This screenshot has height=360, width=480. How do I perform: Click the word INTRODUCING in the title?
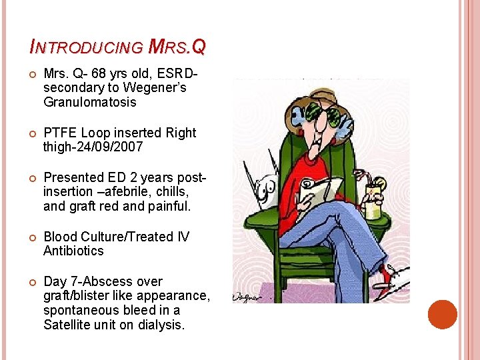tap(87, 47)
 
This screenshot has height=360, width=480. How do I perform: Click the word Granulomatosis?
tap(89, 103)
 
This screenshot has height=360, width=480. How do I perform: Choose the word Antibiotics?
tap(73, 251)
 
